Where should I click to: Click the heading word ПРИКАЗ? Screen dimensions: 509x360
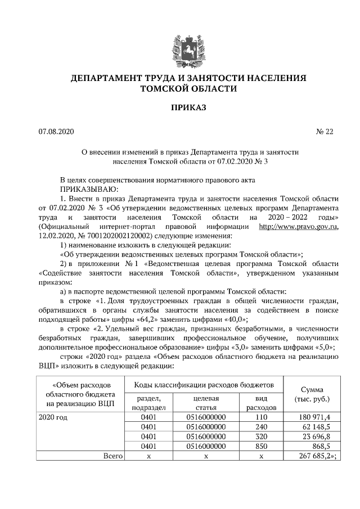coord(180,107)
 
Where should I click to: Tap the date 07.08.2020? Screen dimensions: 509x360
coord(53,132)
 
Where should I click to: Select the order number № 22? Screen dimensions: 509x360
coord(325,132)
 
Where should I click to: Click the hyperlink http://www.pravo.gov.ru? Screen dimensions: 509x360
coord(298,227)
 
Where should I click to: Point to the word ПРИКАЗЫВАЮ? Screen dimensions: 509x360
coord(89,190)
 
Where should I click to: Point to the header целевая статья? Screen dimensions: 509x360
coord(206,403)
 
